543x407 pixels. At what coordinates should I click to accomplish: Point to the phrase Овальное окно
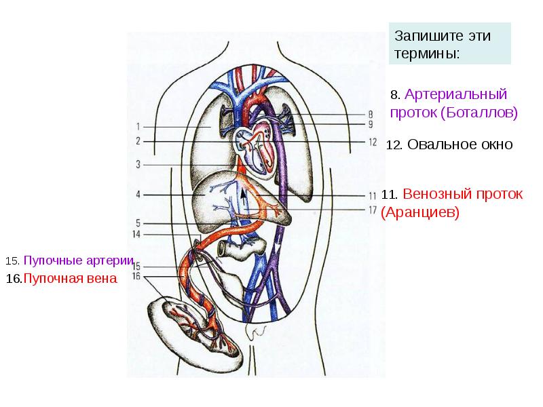[x=460, y=145]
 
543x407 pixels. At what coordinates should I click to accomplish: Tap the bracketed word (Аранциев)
[x=420, y=212]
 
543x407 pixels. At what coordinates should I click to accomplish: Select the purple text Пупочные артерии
[x=75, y=260]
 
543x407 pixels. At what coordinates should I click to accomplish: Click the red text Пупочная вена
[x=70, y=279]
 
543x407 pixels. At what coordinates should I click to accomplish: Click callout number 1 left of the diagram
[x=137, y=126]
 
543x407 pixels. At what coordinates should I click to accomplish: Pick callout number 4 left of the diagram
[x=137, y=195]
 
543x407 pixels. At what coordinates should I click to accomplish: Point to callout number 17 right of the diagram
[x=372, y=210]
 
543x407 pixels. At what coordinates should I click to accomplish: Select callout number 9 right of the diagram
[x=371, y=124]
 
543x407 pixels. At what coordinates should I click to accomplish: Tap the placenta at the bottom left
[x=193, y=328]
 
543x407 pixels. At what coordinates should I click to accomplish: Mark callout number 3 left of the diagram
[x=137, y=164]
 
